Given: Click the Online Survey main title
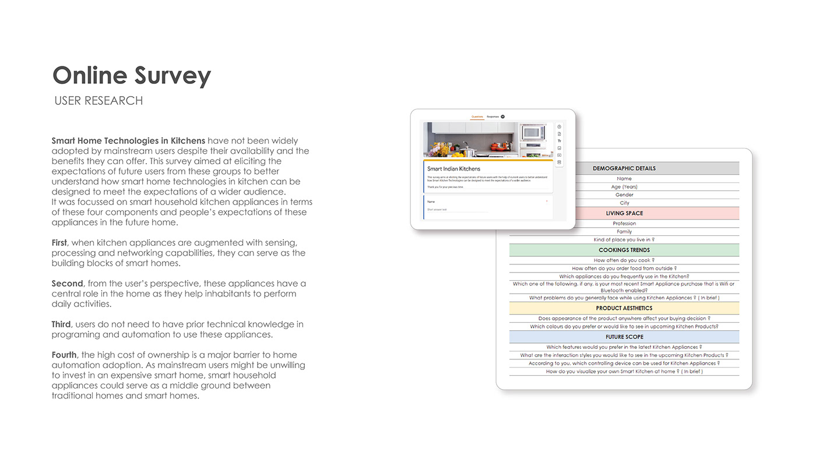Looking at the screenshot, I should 132,76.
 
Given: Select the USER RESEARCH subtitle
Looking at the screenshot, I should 99,101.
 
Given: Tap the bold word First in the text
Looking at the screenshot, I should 59,242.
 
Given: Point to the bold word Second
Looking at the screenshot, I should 67,283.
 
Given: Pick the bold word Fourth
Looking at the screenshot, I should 64,355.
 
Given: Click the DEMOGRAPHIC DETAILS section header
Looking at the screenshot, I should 624,168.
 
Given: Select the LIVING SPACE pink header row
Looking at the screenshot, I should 624,213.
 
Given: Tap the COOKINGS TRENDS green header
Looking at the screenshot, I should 624,250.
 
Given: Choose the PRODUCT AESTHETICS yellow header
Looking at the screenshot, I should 624,308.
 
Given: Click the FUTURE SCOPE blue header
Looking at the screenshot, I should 624,337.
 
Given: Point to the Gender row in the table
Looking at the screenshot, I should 624,195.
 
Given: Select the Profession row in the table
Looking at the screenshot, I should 624,224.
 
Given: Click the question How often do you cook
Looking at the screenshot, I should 624,260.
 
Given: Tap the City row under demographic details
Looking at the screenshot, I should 624,203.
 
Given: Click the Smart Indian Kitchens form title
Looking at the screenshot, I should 453,169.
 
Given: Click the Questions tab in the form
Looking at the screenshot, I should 477,116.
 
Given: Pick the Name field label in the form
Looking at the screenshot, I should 431,202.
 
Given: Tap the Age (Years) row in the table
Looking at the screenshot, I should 624,187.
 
